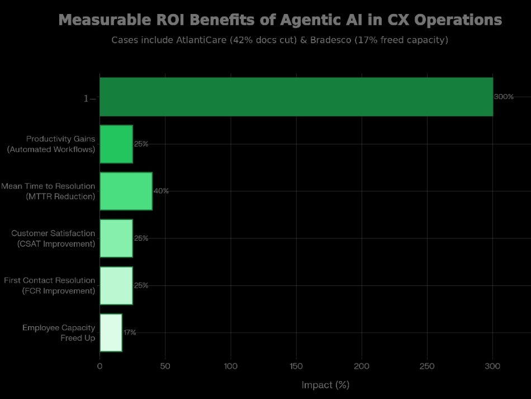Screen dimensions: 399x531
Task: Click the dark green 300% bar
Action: click(296, 97)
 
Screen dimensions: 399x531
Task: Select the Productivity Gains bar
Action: click(116, 144)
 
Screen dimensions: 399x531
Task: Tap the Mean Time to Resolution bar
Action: click(126, 191)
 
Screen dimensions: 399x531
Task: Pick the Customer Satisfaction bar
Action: click(116, 238)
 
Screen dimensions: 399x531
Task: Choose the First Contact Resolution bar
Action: click(116, 285)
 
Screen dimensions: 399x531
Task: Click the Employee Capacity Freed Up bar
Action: click(111, 332)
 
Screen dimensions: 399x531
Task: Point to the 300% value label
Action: click(504, 97)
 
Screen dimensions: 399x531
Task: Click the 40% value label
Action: click(161, 191)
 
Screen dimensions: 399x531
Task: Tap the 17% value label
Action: click(130, 332)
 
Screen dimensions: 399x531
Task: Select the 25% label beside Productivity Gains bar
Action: click(141, 144)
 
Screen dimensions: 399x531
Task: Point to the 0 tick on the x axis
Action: click(100, 366)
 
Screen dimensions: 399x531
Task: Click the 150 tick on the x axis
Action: click(296, 366)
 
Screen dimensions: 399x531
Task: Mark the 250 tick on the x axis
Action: click(427, 366)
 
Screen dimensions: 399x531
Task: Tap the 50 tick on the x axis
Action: click(165, 366)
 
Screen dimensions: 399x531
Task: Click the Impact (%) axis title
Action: click(325, 385)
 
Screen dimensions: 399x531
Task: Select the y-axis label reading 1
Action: click(86, 98)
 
